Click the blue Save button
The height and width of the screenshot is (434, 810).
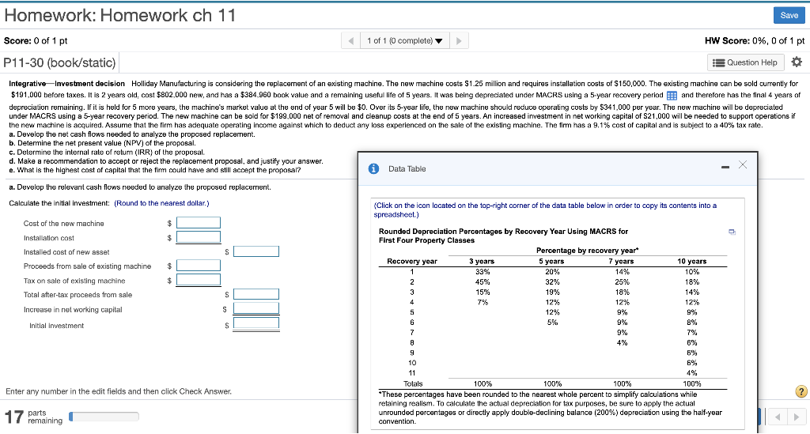click(x=789, y=15)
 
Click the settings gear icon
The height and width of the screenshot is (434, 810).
click(x=796, y=62)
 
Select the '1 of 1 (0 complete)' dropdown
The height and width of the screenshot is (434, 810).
click(x=404, y=40)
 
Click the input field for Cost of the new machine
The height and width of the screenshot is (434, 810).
click(x=199, y=224)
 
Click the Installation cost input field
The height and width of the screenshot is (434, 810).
click(x=199, y=237)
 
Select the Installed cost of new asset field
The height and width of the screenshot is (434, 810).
click(x=255, y=251)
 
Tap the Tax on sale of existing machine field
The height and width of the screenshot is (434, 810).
click(x=199, y=280)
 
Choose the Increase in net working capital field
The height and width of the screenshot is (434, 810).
click(x=255, y=309)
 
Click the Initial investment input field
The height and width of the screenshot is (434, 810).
click(x=255, y=324)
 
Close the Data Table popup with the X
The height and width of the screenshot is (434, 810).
click(x=742, y=164)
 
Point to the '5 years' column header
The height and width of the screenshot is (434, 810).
click(x=551, y=261)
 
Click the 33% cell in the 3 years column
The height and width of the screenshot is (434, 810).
click(x=482, y=271)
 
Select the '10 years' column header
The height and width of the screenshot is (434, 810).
click(x=691, y=261)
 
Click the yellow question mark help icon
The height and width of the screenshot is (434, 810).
click(x=801, y=391)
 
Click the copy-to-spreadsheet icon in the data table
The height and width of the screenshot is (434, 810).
click(x=732, y=232)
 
